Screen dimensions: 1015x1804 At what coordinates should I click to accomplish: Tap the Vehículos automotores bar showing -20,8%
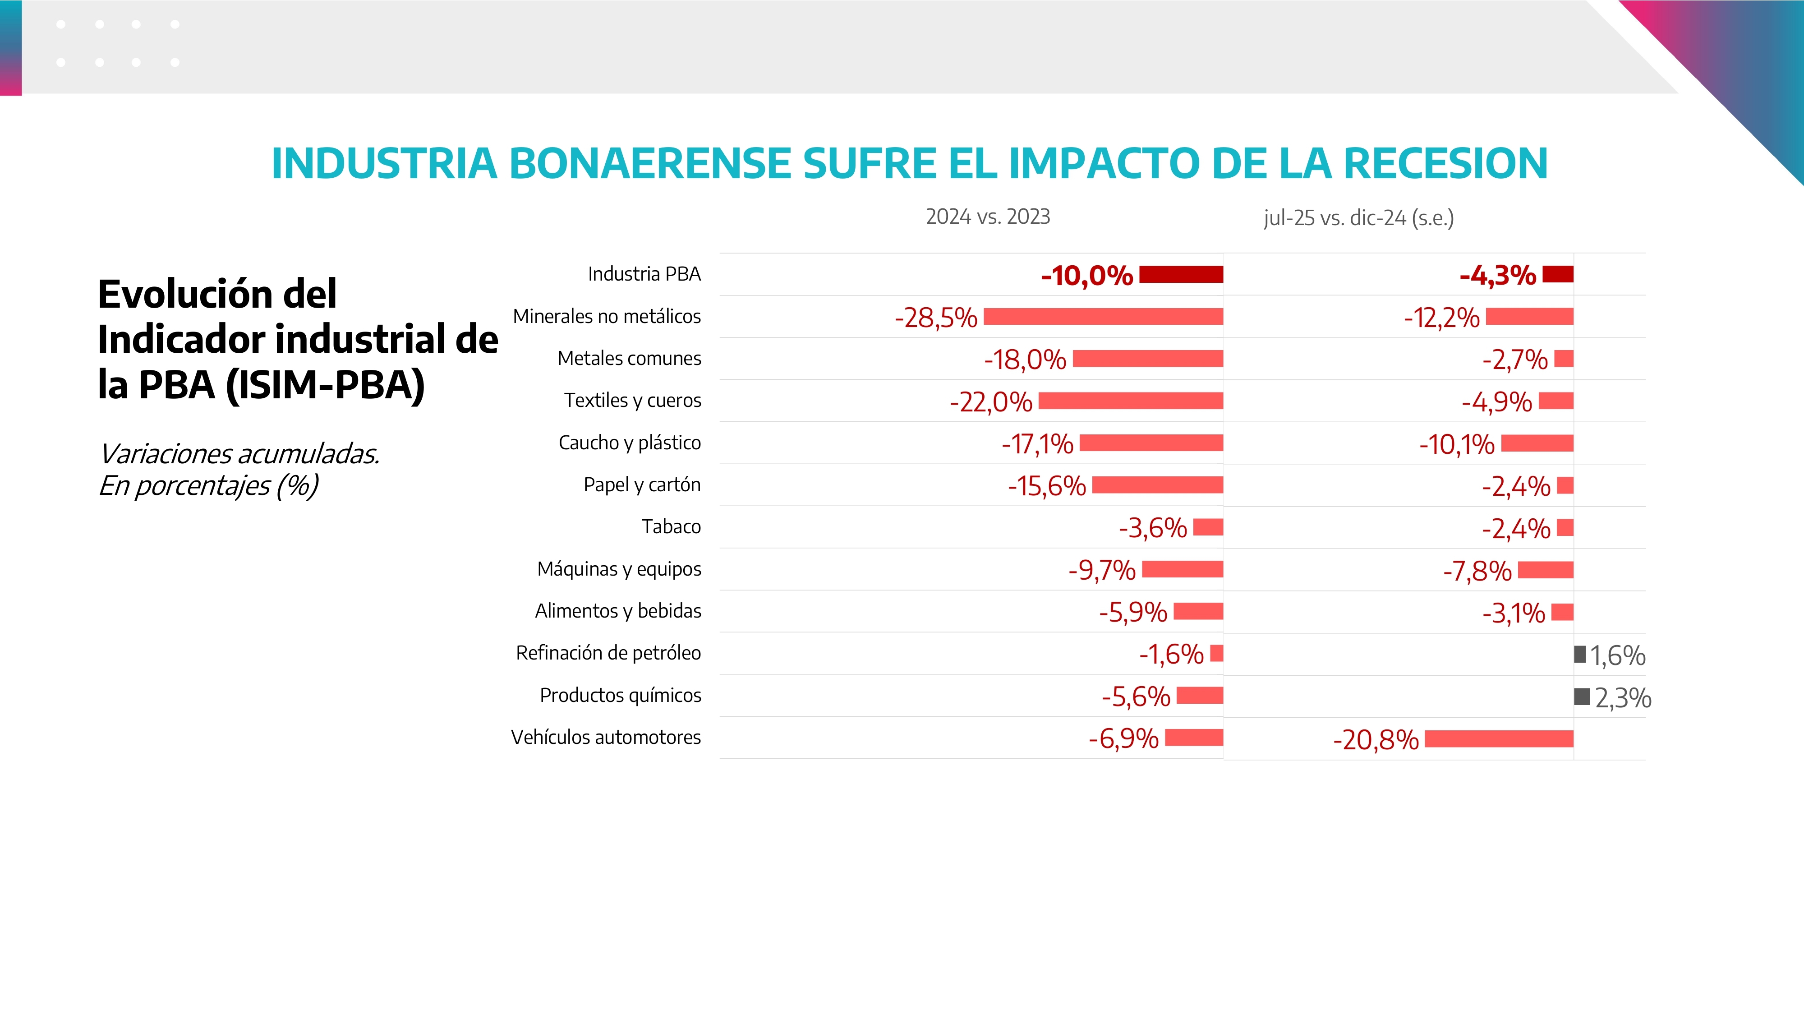point(1499,739)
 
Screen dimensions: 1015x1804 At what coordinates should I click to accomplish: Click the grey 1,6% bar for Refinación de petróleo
point(1579,654)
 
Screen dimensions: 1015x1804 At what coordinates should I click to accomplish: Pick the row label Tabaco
point(671,527)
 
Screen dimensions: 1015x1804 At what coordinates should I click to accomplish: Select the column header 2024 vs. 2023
point(987,217)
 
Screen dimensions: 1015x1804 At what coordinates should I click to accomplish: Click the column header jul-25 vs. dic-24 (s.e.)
point(1358,218)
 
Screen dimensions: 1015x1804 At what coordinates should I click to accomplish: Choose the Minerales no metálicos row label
point(607,317)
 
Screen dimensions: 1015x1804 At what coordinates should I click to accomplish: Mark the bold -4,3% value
point(1497,275)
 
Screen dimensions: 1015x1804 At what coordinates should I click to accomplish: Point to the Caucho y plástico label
point(630,443)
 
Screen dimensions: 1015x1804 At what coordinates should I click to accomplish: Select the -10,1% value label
point(1457,444)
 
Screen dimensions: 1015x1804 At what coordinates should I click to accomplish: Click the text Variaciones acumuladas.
point(239,454)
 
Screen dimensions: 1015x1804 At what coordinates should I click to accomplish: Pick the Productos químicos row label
point(621,696)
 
